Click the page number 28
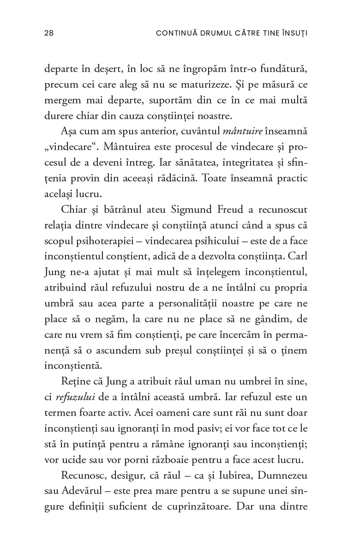click(48, 33)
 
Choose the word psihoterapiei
click(103, 241)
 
